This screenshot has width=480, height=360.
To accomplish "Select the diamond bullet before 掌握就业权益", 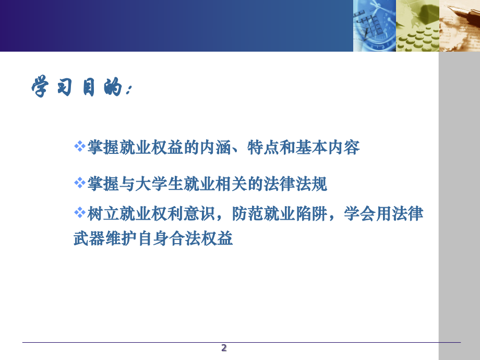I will tap(79, 146).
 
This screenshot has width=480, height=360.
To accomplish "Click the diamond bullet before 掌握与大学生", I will tap(79, 183).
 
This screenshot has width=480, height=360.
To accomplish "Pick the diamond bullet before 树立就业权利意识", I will tap(79, 212).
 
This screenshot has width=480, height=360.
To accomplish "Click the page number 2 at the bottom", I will tap(224, 348).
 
